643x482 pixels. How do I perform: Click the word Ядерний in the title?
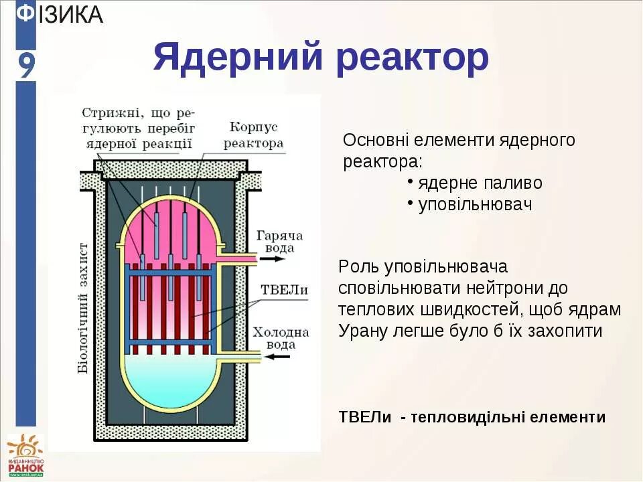click(237, 58)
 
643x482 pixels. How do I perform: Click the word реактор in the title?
click(413, 58)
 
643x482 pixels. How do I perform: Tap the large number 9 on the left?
click(25, 66)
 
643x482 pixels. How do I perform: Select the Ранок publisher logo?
click(25, 455)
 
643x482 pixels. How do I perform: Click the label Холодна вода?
click(281, 338)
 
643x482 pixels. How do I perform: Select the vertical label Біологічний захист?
click(83, 307)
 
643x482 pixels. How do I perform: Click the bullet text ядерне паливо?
click(480, 183)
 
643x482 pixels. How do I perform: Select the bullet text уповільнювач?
click(474, 204)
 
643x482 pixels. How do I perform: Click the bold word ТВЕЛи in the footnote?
click(365, 417)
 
